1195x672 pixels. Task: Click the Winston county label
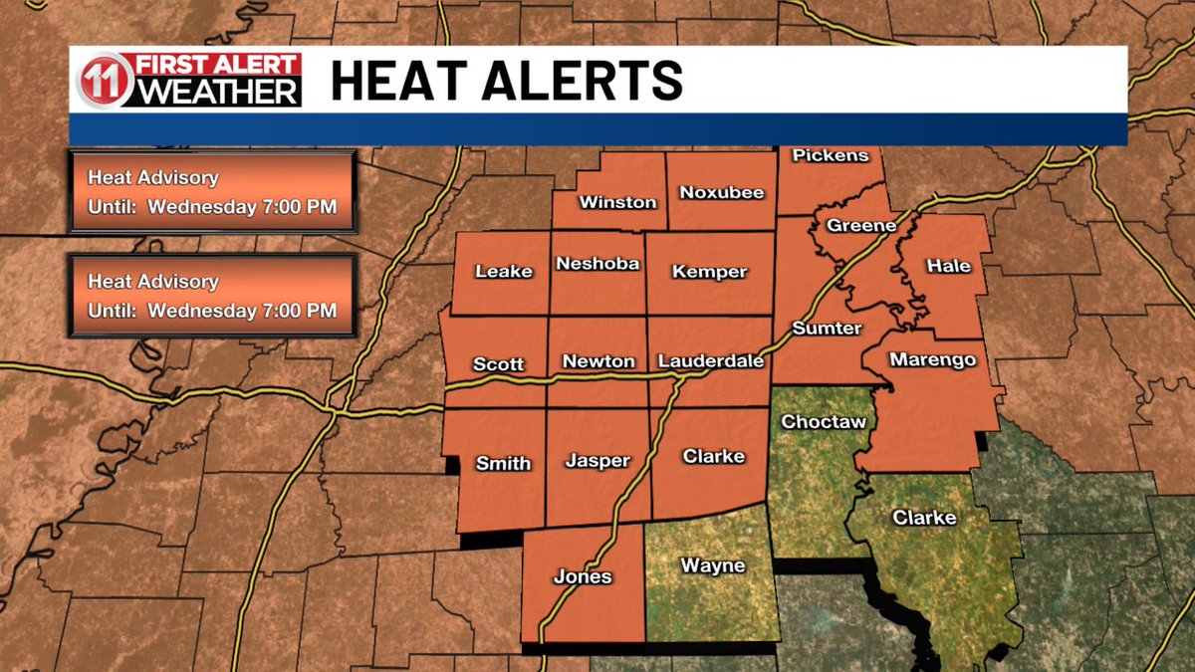pos(618,202)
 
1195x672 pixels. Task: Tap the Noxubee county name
pos(722,192)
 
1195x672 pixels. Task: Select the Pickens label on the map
pos(831,155)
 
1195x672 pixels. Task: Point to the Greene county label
pos(861,226)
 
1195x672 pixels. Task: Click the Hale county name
pos(948,266)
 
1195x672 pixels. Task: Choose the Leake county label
pos(504,271)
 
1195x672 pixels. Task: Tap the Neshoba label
pos(597,264)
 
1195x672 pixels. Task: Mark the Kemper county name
pos(709,272)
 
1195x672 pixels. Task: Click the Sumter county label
pos(827,328)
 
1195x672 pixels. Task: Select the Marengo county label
pos(932,359)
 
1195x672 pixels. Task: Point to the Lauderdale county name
pos(711,361)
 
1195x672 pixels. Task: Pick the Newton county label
pos(598,361)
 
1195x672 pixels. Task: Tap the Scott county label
pos(499,364)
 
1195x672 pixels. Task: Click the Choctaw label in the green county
pos(823,422)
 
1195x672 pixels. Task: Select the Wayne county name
pos(712,566)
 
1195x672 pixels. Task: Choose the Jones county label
pos(583,577)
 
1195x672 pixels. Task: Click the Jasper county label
pos(597,461)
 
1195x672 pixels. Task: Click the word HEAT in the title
pos(405,81)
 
